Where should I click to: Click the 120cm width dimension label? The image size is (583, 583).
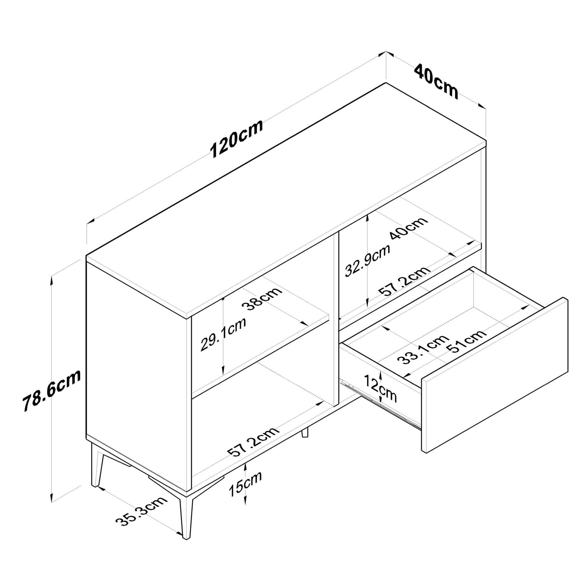point(236,138)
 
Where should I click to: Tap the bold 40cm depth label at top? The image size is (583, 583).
point(436,81)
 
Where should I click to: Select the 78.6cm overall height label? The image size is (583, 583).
point(51,390)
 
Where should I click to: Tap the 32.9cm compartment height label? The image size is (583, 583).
point(367,261)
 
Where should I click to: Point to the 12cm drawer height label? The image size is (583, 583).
point(380,388)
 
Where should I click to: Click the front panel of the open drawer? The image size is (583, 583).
point(494,374)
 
